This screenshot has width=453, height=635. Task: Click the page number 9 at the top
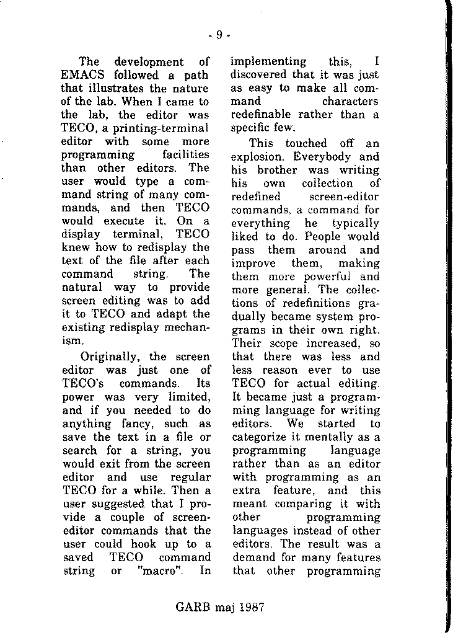click(x=219, y=35)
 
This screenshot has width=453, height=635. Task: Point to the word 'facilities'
click(x=185, y=155)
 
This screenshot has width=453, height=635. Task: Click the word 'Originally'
click(x=110, y=357)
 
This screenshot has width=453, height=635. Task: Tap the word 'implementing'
click(x=268, y=61)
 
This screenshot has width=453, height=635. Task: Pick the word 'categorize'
click(x=260, y=437)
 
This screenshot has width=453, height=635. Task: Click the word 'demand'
click(x=252, y=557)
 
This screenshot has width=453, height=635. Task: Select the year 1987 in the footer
click(x=250, y=607)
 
